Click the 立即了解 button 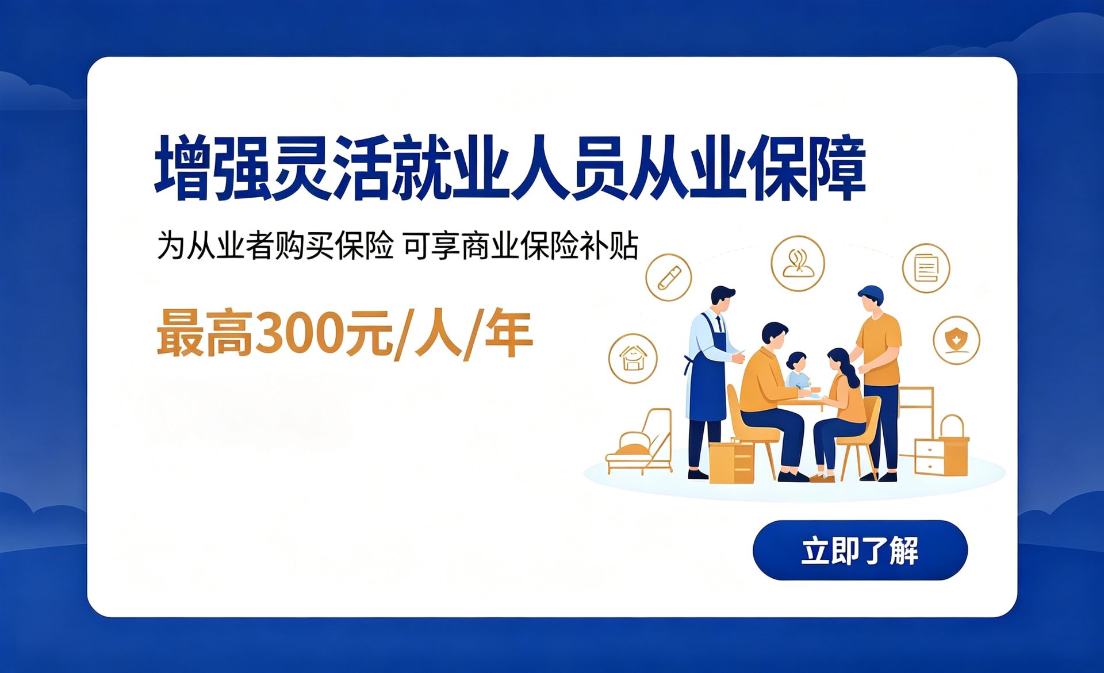click(x=860, y=550)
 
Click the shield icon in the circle click(x=956, y=340)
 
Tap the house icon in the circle click(x=632, y=359)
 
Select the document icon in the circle click(x=926, y=268)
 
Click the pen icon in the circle click(x=668, y=278)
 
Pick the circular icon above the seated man click(x=798, y=263)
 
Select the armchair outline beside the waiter click(x=639, y=441)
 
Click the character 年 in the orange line click(x=509, y=333)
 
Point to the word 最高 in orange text click(x=205, y=333)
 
